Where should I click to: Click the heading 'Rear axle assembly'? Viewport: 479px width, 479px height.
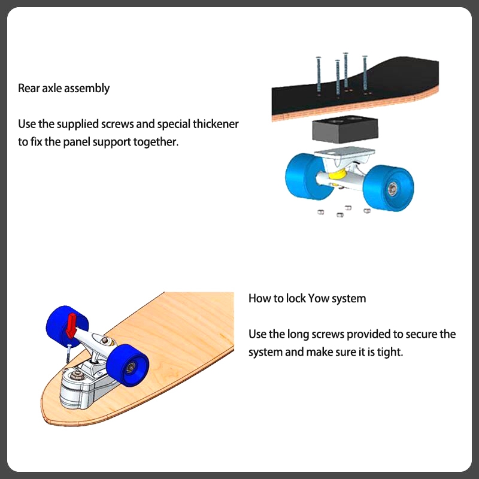coord(63,89)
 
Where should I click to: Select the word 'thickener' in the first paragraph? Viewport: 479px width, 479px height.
coord(215,125)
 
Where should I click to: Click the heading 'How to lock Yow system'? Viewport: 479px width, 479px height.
coord(307,298)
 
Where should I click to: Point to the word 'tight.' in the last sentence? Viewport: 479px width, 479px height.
coord(390,352)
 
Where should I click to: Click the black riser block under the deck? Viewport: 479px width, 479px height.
coord(341,131)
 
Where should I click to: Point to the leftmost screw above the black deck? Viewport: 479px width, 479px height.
coord(318,75)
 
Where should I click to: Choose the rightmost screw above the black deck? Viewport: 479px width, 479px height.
coord(365,75)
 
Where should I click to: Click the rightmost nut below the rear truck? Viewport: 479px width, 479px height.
coord(366,210)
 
